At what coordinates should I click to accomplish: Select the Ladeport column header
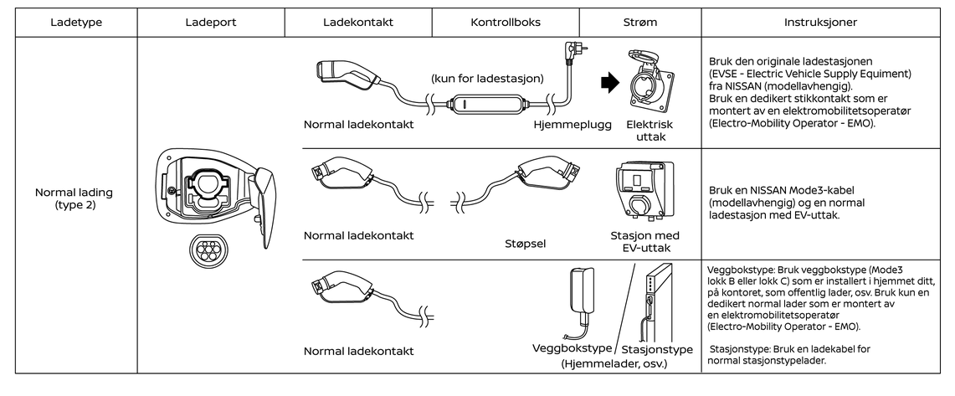(211, 22)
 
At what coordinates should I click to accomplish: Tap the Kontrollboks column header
(506, 22)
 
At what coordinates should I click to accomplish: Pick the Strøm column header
(640, 22)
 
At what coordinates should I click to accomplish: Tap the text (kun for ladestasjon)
(488, 79)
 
